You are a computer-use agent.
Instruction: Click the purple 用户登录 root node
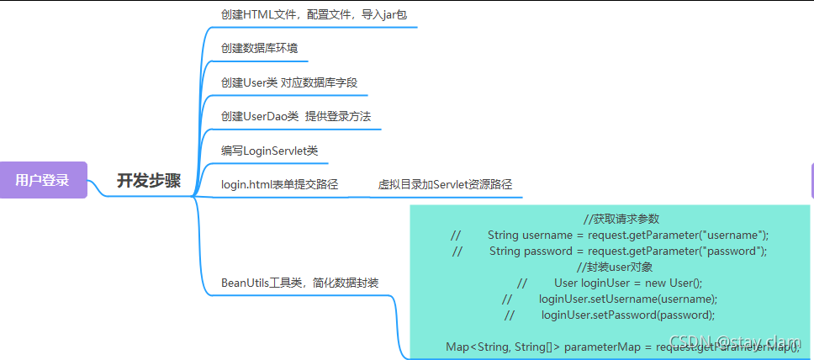pyautogui.click(x=42, y=180)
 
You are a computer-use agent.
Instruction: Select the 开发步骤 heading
pyautogui.click(x=148, y=180)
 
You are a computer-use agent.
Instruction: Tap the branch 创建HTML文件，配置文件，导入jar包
pyautogui.click(x=314, y=14)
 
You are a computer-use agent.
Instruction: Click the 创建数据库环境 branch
pyautogui.click(x=259, y=48)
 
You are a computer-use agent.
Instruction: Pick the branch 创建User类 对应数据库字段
pyautogui.click(x=294, y=82)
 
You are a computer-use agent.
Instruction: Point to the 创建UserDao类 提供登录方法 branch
pyautogui.click(x=295, y=116)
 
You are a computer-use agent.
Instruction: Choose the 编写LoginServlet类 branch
pyautogui.click(x=269, y=151)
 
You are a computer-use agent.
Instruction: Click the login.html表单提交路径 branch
pyautogui.click(x=279, y=184)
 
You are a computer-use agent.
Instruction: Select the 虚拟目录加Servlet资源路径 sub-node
pyautogui.click(x=445, y=184)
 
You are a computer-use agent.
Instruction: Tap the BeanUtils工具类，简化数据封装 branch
pyautogui.click(x=299, y=283)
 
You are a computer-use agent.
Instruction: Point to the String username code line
pyautogui.click(x=627, y=235)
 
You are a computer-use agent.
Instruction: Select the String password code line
pyautogui.click(x=627, y=251)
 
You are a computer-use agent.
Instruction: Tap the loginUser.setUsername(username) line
pyautogui.click(x=627, y=299)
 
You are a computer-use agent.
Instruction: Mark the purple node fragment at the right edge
pyautogui.click(x=811, y=180)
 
